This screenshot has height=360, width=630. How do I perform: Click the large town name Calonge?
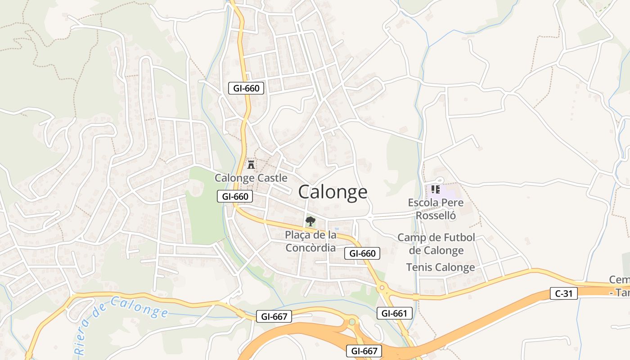[333, 192]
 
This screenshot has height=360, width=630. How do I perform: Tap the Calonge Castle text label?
[251, 178]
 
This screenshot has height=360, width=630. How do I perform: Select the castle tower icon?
[251, 164]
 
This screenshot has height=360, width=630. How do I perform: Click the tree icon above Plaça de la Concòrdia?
[310, 221]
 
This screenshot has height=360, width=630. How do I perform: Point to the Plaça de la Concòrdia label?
[310, 241]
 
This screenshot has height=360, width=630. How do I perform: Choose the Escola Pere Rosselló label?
[436, 209]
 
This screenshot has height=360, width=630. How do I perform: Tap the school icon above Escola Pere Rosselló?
[435, 189]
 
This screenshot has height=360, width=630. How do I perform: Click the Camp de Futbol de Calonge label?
[436, 244]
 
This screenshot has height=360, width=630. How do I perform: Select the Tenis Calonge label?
[440, 267]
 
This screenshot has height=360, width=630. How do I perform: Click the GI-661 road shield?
[394, 313]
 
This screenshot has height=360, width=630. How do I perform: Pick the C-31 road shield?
[563, 294]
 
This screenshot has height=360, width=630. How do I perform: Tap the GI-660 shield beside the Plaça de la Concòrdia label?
[362, 253]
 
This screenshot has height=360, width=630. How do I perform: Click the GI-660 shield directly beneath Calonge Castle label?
[235, 196]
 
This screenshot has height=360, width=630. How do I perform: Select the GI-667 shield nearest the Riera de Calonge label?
[274, 316]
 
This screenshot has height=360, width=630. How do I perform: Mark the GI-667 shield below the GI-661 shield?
[364, 351]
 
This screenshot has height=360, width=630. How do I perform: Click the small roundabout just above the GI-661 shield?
[382, 287]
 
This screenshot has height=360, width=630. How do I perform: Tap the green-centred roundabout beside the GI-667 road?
[352, 322]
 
